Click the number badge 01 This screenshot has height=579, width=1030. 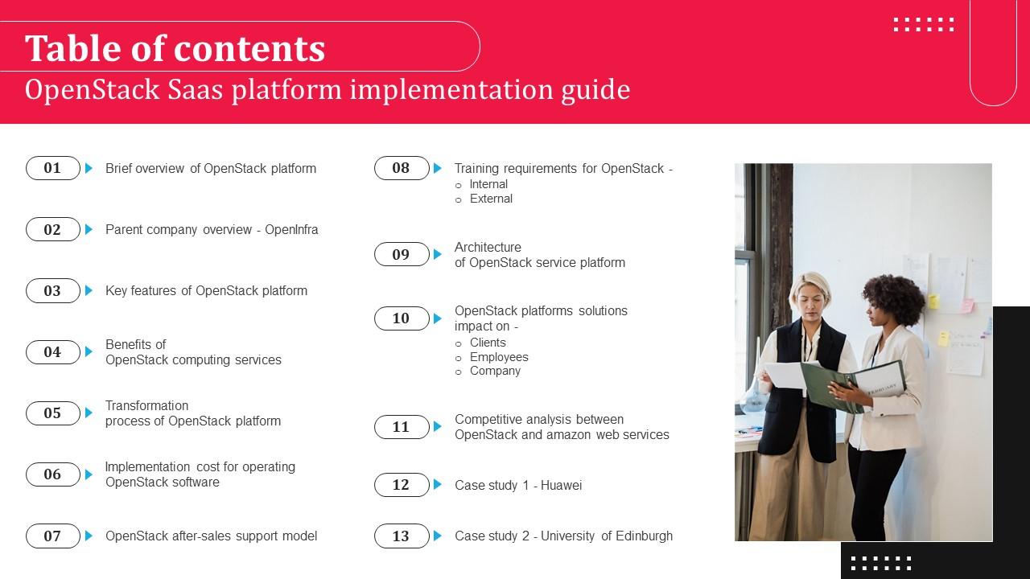(53, 168)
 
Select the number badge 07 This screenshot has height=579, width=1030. (53, 536)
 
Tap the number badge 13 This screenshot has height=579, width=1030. (402, 536)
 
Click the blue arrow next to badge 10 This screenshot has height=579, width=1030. (438, 318)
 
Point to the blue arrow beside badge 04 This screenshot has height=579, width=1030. (89, 351)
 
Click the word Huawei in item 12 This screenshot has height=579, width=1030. (561, 485)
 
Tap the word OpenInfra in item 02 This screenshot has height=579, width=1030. (291, 230)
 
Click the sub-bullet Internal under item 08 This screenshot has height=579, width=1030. (488, 184)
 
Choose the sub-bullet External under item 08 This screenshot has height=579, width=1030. (491, 199)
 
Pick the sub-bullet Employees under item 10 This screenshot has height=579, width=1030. (499, 357)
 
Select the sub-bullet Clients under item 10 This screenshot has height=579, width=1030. (488, 343)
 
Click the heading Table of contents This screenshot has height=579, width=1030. (175, 48)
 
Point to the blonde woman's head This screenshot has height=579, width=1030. (810, 294)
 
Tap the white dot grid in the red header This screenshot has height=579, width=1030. (924, 24)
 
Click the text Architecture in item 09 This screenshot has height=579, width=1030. (488, 248)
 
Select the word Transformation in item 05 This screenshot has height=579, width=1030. (147, 406)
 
